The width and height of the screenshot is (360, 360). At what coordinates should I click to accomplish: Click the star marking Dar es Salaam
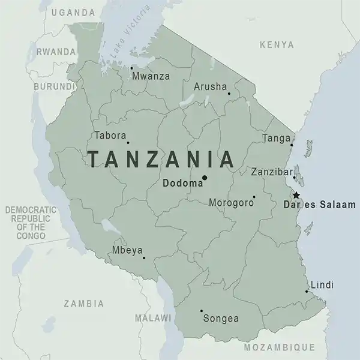295,195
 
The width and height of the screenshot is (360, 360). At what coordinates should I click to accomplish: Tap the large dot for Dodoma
205,178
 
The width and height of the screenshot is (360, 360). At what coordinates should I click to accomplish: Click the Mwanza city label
151,76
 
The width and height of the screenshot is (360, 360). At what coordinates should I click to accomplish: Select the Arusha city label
209,87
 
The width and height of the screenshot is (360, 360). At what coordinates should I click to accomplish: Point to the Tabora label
110,135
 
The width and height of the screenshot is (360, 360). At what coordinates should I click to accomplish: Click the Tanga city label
276,139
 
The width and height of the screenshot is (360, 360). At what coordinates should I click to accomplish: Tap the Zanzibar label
270,171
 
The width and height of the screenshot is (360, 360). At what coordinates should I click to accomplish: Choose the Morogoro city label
230,203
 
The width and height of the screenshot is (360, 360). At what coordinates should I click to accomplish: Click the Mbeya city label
126,251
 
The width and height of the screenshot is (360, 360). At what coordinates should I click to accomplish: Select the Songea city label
221,319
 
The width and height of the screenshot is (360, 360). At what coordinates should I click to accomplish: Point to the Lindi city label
322,285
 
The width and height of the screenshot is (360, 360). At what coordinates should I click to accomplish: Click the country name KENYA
277,45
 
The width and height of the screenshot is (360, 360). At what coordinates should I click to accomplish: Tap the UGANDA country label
73,12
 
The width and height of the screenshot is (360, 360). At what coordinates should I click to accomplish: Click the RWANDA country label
56,52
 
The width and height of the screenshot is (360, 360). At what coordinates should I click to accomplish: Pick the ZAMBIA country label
83,304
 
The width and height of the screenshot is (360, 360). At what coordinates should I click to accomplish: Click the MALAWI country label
153,317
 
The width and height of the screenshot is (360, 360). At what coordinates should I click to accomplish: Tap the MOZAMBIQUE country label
279,347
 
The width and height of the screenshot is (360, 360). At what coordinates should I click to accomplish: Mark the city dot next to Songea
200,311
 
